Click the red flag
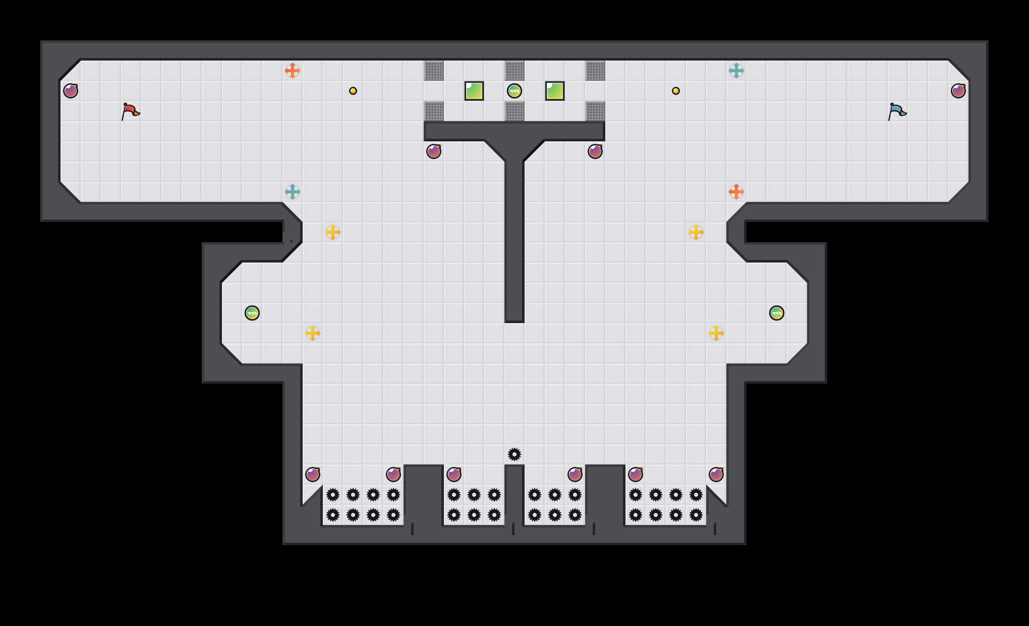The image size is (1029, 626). tap(130, 111)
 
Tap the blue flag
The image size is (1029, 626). tap(897, 111)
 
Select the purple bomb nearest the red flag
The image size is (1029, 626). tap(71, 91)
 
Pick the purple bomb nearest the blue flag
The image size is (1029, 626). tap(958, 91)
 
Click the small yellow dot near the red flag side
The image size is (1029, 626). tap(353, 91)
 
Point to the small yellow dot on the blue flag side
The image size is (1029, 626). tap(676, 91)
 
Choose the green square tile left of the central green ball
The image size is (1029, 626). tap(474, 91)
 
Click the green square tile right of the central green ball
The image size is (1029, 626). tap(555, 91)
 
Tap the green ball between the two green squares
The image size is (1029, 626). tap(514, 91)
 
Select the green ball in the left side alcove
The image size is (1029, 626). tap(252, 313)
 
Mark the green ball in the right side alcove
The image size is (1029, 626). tap(777, 313)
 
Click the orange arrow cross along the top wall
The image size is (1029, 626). tap(293, 71)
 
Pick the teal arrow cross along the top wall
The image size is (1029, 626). tap(736, 71)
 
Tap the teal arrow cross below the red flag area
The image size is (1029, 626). tap(293, 192)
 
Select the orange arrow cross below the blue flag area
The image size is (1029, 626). tap(736, 192)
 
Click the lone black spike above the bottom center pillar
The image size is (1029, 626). tap(514, 454)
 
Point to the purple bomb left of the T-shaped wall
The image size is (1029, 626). tap(434, 151)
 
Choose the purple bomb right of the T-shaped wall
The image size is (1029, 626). tap(595, 151)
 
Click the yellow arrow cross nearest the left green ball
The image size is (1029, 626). tap(313, 333)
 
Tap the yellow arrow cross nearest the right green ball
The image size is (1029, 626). tap(716, 333)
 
